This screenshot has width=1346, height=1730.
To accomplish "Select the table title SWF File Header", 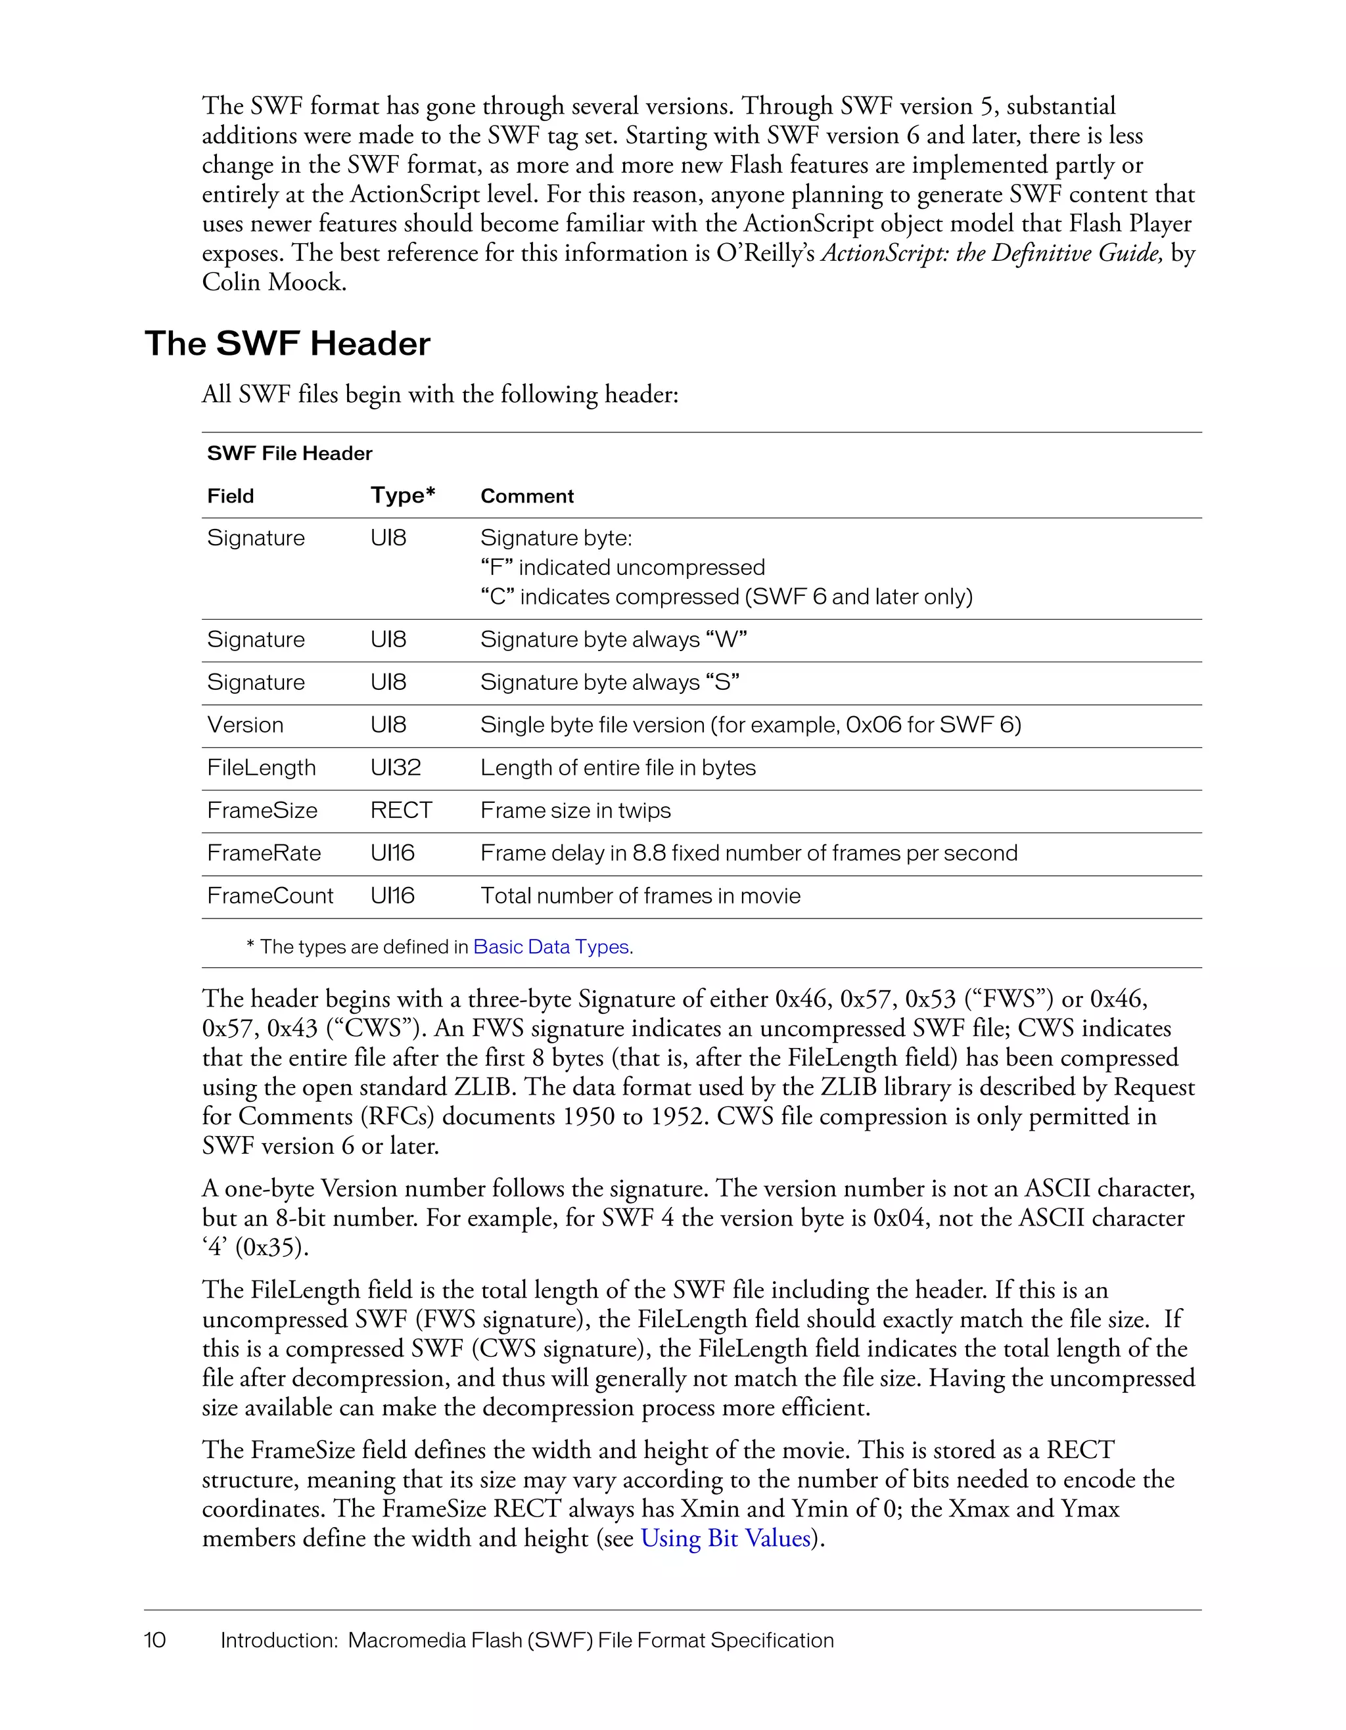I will click(289, 453).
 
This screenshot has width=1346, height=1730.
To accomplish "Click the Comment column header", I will click(527, 496).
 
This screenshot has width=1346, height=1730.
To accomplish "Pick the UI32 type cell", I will click(396, 767).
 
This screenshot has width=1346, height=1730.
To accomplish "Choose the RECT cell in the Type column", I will click(401, 810).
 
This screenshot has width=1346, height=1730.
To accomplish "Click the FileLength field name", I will click(262, 767).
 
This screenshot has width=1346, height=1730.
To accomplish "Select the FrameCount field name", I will click(270, 896).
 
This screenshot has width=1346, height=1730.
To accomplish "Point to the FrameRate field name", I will click(264, 853).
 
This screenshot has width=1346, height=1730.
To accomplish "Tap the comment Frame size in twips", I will click(575, 810).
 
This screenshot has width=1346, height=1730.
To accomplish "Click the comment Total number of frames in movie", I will click(640, 896).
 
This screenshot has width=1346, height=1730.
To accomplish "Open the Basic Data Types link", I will click(551, 947).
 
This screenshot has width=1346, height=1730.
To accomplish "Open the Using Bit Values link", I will click(726, 1538).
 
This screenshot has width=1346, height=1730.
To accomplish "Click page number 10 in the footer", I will click(154, 1640).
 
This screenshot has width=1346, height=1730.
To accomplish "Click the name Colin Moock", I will click(274, 283).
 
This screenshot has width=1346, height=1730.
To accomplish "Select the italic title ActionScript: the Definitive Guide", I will click(992, 254).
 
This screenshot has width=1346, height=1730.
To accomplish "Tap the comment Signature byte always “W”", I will click(613, 639).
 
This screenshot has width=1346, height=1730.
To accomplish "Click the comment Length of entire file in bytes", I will click(618, 767).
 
